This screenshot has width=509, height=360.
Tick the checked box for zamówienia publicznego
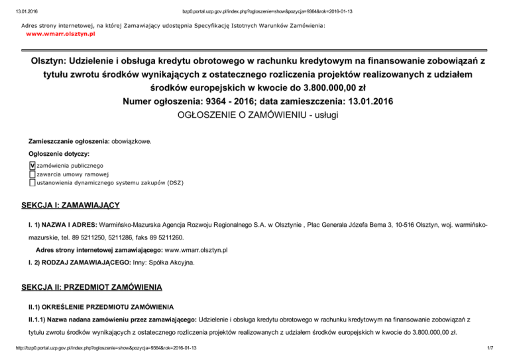[32, 165]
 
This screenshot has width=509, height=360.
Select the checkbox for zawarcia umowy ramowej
[32, 174]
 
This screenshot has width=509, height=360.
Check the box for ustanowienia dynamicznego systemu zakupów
[32, 182]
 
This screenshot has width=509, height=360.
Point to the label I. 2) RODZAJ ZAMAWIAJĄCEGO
[74, 263]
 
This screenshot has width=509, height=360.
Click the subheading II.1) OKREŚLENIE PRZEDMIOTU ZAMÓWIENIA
[100, 308]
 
